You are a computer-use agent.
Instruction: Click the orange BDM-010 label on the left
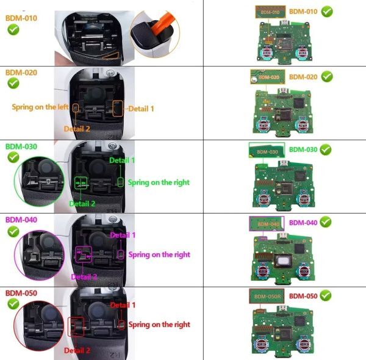pyautogui.click(x=21, y=18)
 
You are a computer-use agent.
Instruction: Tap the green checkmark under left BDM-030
pyautogui.click(x=13, y=157)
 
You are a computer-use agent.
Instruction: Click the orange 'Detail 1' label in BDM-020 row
pyautogui.click(x=141, y=108)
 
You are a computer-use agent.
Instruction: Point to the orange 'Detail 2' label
pyautogui.click(x=77, y=129)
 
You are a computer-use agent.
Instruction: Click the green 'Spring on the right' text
pyautogui.click(x=159, y=182)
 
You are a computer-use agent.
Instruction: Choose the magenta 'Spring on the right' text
pyautogui.click(x=159, y=254)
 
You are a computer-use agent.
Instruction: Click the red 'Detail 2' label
pyautogui.click(x=77, y=351)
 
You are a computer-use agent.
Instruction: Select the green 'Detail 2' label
pyautogui.click(x=82, y=203)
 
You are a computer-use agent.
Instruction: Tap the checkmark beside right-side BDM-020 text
pyautogui.click(x=327, y=77)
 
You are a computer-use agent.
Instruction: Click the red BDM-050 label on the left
pyautogui.click(x=21, y=293)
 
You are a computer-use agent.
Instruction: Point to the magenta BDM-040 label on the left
pyautogui.click(x=21, y=219)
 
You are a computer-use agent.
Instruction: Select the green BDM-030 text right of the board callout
pyautogui.click(x=303, y=149)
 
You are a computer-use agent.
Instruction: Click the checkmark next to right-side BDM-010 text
pyautogui.click(x=327, y=12)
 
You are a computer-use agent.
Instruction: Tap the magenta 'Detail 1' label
pyautogui.click(x=123, y=235)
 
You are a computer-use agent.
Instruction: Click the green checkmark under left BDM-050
pyautogui.click(x=13, y=304)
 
